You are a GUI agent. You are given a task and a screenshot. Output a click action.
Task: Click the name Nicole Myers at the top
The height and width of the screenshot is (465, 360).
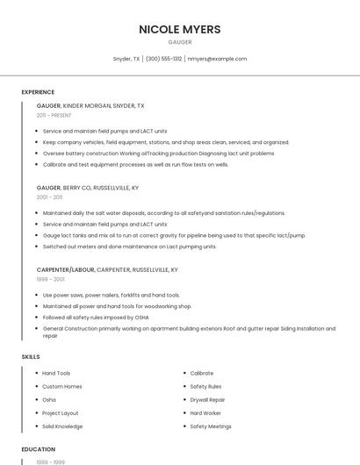tap(180, 29)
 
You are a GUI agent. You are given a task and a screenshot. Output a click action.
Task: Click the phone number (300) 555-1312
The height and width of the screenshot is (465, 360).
tap(164, 59)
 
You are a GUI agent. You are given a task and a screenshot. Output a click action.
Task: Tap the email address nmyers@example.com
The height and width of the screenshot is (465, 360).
tap(218, 59)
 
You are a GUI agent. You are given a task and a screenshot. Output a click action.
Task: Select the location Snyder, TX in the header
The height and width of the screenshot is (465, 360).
tap(126, 59)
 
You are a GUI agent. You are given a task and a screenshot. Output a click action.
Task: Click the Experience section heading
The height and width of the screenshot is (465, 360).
tap(38, 92)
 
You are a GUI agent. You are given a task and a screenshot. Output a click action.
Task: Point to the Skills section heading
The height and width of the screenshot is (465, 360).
tap(31, 357)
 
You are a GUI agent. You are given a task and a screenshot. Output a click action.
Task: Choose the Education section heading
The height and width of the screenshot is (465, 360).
tap(39, 449)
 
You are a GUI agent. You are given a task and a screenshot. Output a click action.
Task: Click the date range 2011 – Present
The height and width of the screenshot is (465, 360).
tap(54, 115)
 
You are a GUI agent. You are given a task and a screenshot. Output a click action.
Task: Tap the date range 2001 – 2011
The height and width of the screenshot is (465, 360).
tap(49, 197)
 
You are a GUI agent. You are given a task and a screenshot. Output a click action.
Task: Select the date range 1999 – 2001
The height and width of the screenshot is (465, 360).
tap(50, 279)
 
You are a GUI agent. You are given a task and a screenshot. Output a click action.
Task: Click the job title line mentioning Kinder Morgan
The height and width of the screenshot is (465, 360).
tap(90, 105)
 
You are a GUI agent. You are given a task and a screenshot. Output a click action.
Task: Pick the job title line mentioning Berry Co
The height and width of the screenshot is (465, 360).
tap(88, 188)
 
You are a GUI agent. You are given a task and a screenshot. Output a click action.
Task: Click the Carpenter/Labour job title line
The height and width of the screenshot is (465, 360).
tap(107, 270)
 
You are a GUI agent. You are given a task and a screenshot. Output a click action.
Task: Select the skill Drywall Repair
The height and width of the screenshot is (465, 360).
tap(207, 399)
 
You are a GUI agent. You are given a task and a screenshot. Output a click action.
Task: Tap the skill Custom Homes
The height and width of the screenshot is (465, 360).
tap(61, 386)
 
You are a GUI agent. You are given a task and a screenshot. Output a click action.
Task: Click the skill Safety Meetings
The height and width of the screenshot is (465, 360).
tap(211, 426)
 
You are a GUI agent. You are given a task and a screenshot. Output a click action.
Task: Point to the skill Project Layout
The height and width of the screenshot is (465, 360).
tap(61, 413)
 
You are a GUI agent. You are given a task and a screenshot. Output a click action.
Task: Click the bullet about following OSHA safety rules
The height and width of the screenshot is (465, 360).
tap(95, 318)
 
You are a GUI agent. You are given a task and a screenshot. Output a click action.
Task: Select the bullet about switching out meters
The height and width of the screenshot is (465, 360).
tap(117, 247)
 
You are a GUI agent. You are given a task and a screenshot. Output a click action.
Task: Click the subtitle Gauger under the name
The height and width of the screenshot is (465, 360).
tap(180, 42)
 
